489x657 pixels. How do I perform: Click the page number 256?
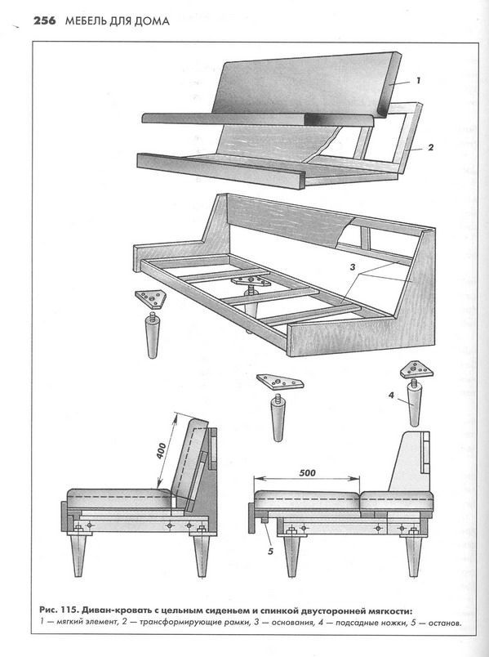[44, 21]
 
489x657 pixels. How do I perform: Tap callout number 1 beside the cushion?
[418, 81]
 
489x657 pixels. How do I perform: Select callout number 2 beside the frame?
[430, 147]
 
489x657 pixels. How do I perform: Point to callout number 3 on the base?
[353, 267]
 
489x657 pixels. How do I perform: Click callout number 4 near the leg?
[391, 396]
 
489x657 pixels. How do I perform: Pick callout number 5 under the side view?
[270, 552]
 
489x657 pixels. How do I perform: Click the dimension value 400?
[162, 451]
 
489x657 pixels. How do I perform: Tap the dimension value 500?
[307, 473]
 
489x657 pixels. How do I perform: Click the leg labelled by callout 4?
[415, 404]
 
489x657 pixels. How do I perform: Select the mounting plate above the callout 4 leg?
[416, 370]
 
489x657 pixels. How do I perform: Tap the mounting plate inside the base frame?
[251, 281]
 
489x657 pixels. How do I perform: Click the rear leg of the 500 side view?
[413, 555]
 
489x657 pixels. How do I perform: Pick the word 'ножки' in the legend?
[393, 623]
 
